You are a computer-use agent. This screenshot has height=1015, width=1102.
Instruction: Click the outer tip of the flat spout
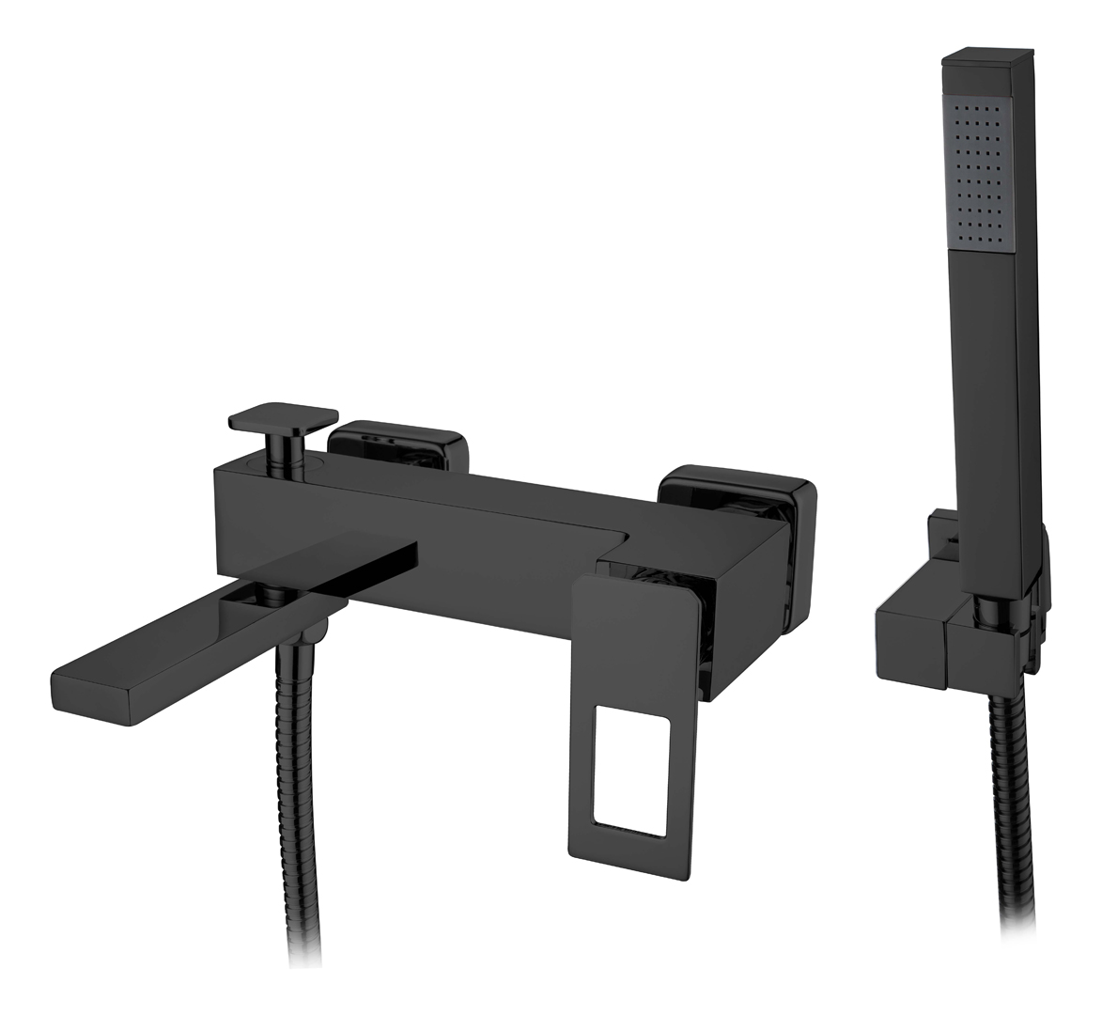85,690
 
